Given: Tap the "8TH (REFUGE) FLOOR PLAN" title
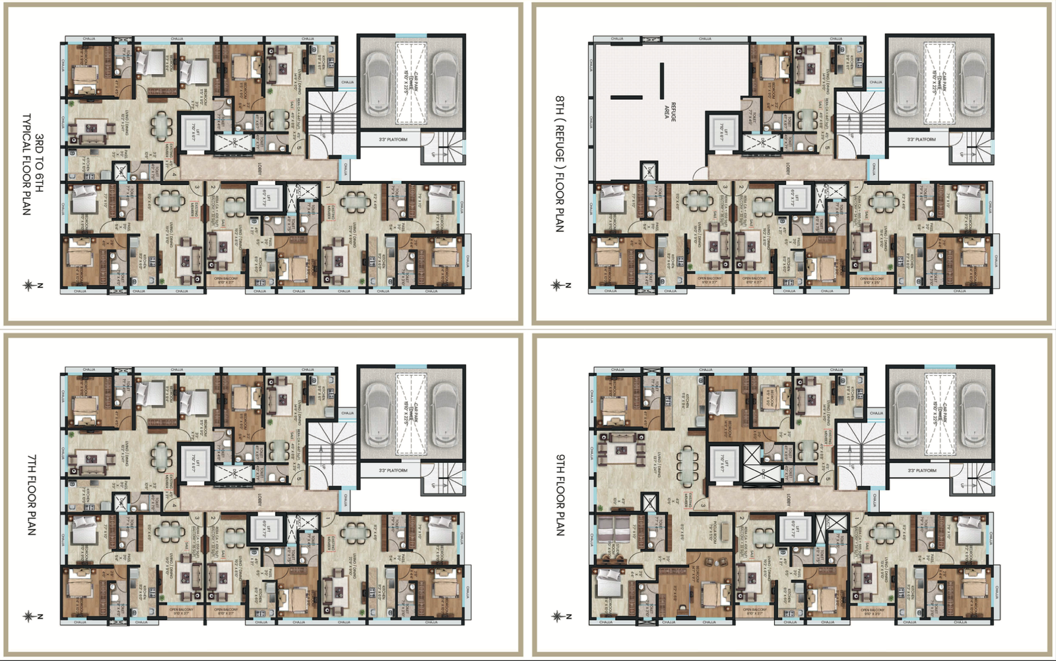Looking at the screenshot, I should tap(560, 163).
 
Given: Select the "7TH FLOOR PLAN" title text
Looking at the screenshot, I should tap(32, 495).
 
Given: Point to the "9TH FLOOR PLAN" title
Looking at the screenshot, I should tap(560, 495).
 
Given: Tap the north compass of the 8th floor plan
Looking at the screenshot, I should tap(556, 285).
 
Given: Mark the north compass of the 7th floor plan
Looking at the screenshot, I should tap(28, 616).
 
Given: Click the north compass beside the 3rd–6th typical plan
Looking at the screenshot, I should tap(28, 285).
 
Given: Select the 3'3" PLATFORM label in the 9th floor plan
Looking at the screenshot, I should tap(922, 471).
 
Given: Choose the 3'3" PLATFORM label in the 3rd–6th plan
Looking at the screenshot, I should tap(393, 140).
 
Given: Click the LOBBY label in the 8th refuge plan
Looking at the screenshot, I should tap(788, 169).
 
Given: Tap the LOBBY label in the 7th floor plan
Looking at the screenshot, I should tap(260, 501).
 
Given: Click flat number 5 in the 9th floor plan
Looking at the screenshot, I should tap(828, 478).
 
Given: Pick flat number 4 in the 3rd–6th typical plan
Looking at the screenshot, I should tap(174, 174).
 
